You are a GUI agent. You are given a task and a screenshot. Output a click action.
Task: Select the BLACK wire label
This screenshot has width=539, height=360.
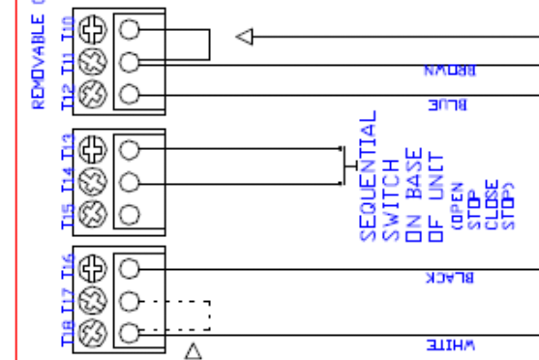click(451, 278)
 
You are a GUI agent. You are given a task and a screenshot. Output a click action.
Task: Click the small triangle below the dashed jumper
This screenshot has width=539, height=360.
click(194, 350)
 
